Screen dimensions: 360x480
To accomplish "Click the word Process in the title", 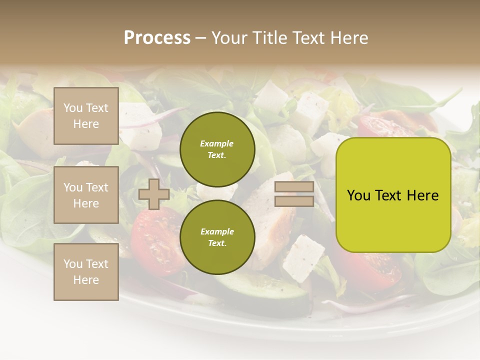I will pyautogui.click(x=157, y=38).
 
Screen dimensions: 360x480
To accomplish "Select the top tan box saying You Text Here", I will pyautogui.click(x=86, y=116).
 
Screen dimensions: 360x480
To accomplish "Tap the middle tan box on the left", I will pyautogui.click(x=86, y=195).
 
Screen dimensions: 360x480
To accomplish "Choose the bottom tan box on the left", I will pyautogui.click(x=86, y=272).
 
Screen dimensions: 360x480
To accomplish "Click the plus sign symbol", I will pyautogui.click(x=153, y=194).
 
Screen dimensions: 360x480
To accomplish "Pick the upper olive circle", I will pyautogui.click(x=217, y=149).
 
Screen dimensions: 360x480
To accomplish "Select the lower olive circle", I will pyautogui.click(x=217, y=237).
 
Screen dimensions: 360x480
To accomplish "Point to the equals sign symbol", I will pyautogui.click(x=294, y=194).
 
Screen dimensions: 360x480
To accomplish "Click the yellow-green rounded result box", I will pyautogui.click(x=393, y=195).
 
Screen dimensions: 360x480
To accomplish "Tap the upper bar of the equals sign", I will pyautogui.click(x=294, y=187).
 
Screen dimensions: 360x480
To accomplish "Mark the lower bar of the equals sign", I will pyautogui.click(x=294, y=201).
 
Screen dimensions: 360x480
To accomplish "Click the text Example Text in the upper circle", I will pyautogui.click(x=217, y=149).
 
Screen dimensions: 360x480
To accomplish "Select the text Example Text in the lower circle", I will pyautogui.click(x=217, y=237).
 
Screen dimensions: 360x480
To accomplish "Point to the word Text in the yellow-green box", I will pyautogui.click(x=393, y=195).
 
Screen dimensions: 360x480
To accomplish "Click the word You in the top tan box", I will pyautogui.click(x=72, y=108).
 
